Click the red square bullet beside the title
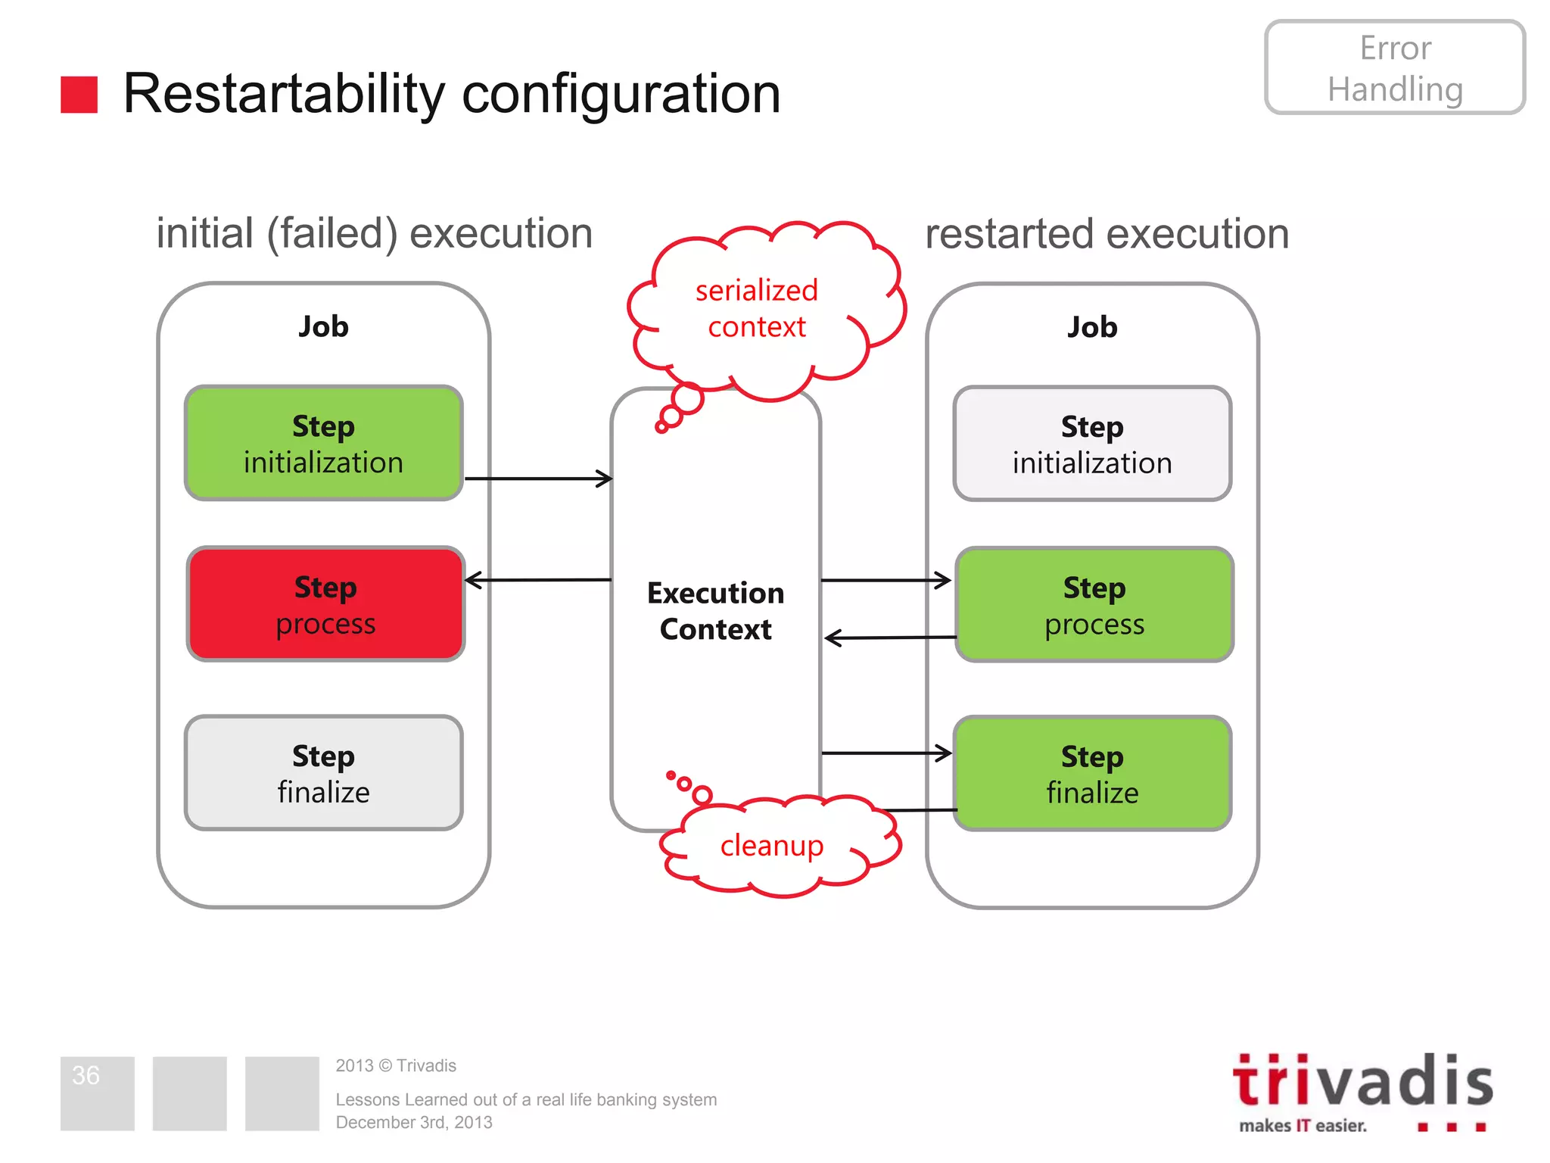point(79,95)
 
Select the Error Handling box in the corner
point(1394,68)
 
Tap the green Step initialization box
point(323,444)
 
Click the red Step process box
point(325,604)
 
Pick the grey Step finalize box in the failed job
point(323,773)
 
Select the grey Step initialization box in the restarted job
point(1091,444)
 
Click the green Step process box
point(1094,604)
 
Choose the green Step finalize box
point(1091,773)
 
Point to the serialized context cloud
point(757,309)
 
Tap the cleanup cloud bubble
point(772,846)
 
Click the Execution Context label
point(715,611)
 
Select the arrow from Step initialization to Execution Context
point(537,479)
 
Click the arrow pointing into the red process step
point(537,581)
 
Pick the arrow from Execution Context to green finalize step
point(885,753)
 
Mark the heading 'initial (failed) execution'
point(374,233)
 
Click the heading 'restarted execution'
point(1106,234)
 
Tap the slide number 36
point(86,1075)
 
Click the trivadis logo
point(1362,1090)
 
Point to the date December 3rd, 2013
point(414,1122)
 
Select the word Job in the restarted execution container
point(1091,327)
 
